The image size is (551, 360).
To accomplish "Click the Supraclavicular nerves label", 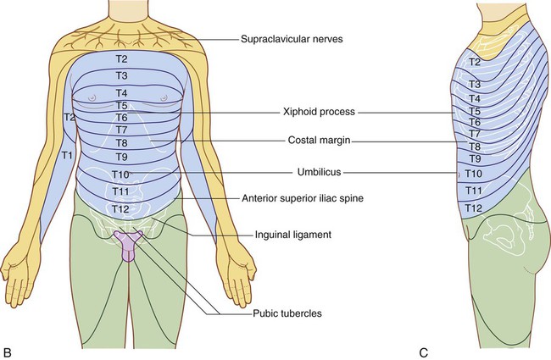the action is (292, 39).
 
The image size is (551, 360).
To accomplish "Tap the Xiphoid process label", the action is (319, 112).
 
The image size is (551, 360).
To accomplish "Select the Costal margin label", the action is (319, 140).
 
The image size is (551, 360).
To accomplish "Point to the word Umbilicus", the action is (319, 172).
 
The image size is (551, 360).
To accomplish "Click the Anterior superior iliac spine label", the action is (303, 198).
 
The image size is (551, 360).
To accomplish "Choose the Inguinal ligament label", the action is (293, 235).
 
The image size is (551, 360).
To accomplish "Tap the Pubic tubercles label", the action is (287, 313).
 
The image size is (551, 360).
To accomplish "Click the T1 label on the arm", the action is (67, 154).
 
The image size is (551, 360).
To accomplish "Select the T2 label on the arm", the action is (70, 117).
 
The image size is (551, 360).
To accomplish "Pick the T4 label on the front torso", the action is (121, 93).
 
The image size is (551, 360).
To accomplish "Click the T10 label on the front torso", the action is (120, 174).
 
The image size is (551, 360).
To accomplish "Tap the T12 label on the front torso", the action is (120, 209).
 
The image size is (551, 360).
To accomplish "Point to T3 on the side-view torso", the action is (475, 85).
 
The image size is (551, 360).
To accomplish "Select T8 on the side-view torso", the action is (475, 146).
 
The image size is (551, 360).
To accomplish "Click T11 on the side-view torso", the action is (474, 191).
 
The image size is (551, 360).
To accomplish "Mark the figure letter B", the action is (7, 352).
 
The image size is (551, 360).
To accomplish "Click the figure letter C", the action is (424, 352).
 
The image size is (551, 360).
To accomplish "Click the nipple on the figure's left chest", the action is (164, 98).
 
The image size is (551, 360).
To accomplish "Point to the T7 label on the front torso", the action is (121, 130).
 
